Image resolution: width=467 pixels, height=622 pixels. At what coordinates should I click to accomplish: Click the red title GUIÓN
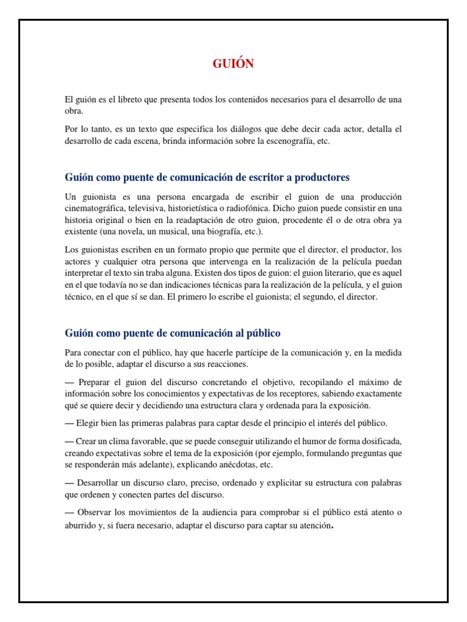233,64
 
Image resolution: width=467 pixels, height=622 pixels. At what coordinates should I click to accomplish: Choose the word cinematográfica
97,208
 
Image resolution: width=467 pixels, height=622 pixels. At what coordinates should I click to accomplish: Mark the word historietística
197,208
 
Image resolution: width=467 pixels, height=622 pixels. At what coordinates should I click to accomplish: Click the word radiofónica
265,208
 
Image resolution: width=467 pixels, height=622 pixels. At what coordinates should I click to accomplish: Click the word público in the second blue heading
261,333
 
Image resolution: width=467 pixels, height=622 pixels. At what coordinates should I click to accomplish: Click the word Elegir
88,423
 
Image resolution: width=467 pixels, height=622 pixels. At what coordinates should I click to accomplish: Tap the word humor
318,441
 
